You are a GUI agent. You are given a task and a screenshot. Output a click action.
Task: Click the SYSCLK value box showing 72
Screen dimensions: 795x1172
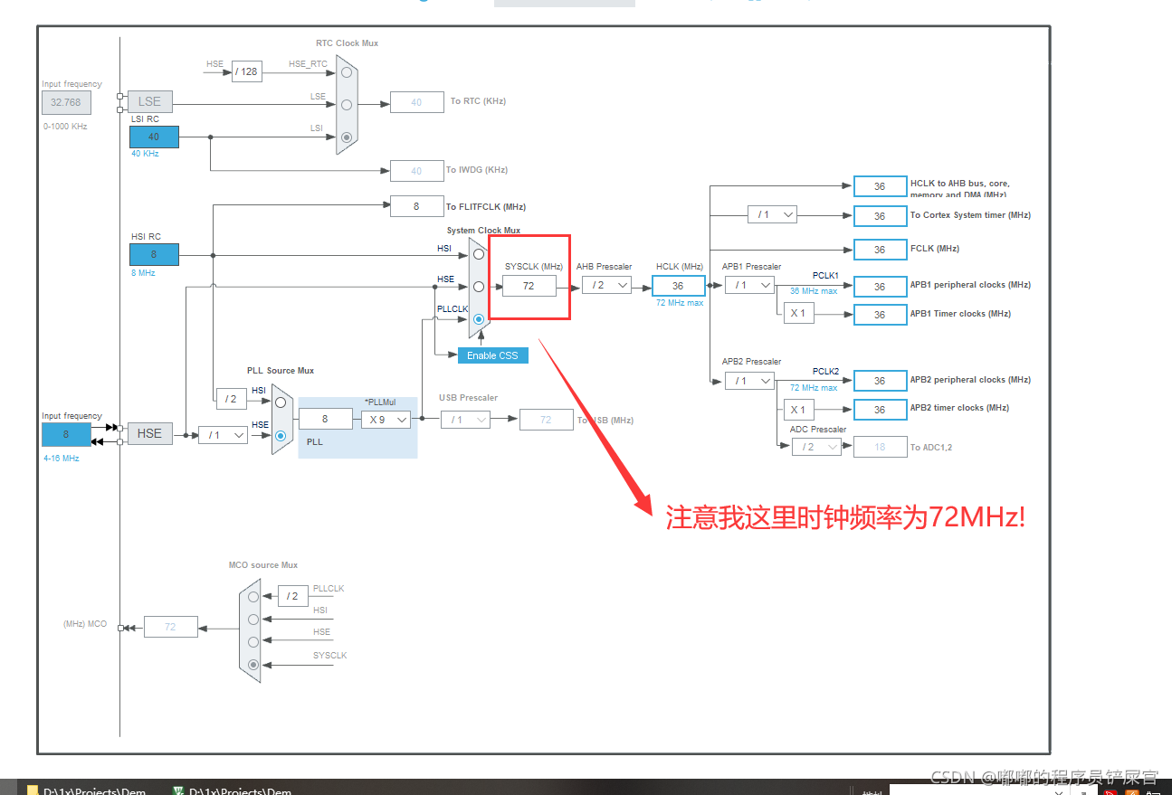529,286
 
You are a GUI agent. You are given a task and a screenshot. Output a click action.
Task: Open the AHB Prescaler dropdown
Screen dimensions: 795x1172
605,285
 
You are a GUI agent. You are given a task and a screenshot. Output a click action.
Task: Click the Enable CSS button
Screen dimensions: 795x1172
492,355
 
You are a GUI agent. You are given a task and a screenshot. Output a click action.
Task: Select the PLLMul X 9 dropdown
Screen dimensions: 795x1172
386,420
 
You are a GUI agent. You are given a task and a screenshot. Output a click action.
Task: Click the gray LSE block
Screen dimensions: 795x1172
149,101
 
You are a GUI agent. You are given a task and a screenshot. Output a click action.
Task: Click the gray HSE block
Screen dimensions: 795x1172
149,434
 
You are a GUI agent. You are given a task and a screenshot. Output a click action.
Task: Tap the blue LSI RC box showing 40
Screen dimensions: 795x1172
154,137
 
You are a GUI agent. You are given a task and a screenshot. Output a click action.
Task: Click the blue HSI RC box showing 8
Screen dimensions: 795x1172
154,254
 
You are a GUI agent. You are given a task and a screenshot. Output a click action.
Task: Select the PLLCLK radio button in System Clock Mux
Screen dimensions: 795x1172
479,319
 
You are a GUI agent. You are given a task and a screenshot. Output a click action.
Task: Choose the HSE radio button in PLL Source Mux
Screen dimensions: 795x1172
281,436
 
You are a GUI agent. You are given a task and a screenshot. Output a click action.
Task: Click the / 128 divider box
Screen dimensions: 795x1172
246,71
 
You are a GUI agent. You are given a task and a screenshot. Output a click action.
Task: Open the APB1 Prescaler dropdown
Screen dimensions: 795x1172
749,285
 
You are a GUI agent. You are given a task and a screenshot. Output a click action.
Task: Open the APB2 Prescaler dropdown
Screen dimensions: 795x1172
749,381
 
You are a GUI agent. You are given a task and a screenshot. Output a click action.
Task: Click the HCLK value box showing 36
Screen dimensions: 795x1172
678,286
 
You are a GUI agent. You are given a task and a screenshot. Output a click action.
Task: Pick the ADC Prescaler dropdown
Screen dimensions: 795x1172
815,447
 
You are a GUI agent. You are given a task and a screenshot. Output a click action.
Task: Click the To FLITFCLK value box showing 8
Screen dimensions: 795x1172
416,206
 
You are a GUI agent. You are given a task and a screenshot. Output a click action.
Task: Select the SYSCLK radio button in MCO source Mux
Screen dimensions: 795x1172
253,664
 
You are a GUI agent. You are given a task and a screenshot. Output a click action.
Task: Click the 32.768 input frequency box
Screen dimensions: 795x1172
66,102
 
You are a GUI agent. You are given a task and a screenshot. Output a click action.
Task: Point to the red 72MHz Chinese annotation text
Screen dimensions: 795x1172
845,518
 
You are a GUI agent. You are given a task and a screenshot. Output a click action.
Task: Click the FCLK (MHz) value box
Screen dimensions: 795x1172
880,250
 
